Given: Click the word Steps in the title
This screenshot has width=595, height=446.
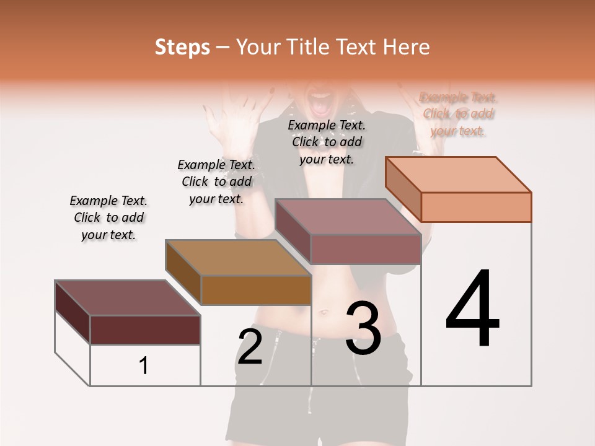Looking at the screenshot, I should [182, 47].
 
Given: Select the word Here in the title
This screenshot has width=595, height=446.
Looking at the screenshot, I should [407, 47].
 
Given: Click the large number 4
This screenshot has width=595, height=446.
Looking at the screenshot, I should [472, 309].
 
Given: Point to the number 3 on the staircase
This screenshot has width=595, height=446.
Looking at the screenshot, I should [363, 328].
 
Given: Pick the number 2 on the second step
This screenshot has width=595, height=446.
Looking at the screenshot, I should [250, 347].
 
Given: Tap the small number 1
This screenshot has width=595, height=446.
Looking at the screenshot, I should [144, 366].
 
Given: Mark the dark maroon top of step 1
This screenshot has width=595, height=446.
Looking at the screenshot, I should [128, 298].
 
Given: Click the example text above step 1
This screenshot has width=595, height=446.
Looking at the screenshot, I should [108, 218].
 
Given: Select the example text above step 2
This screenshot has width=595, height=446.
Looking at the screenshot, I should [216, 181].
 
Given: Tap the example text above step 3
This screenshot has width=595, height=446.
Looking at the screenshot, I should [327, 142].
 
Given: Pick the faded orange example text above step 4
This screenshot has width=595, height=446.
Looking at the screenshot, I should [459, 114].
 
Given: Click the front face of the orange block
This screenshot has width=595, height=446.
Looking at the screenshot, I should [476, 207].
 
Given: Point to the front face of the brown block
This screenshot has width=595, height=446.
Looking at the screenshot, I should [256, 290].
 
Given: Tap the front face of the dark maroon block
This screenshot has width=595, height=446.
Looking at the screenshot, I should [145, 330].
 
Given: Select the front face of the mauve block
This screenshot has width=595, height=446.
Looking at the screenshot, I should [366, 249].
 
